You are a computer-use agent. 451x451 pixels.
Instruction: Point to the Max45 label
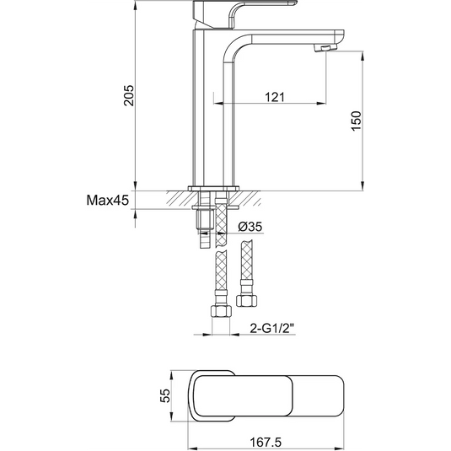tap(106, 201)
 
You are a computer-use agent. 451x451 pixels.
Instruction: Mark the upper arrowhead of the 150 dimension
tap(364, 56)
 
